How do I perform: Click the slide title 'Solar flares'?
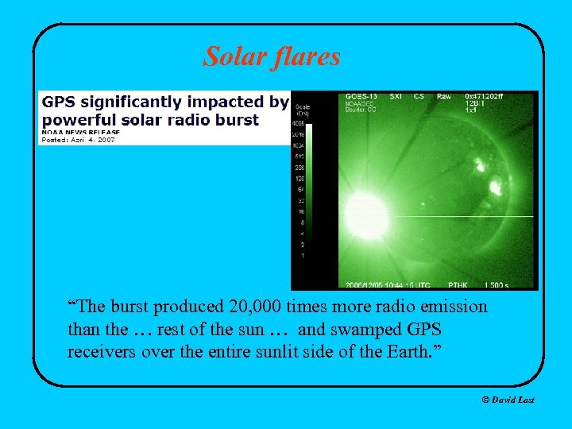pyautogui.click(x=272, y=56)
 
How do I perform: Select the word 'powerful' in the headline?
pyautogui.click(x=75, y=120)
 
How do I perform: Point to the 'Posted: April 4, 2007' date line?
pyautogui.click(x=78, y=140)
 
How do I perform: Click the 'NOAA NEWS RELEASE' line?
pyautogui.click(x=80, y=132)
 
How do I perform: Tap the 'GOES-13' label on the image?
pyautogui.click(x=362, y=97)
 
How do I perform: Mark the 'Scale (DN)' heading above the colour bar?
pyautogui.click(x=303, y=110)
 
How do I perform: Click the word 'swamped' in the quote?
pyautogui.click(x=330, y=329)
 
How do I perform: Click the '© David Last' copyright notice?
pyautogui.click(x=508, y=400)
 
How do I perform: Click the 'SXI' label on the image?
pyautogui.click(x=394, y=97)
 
